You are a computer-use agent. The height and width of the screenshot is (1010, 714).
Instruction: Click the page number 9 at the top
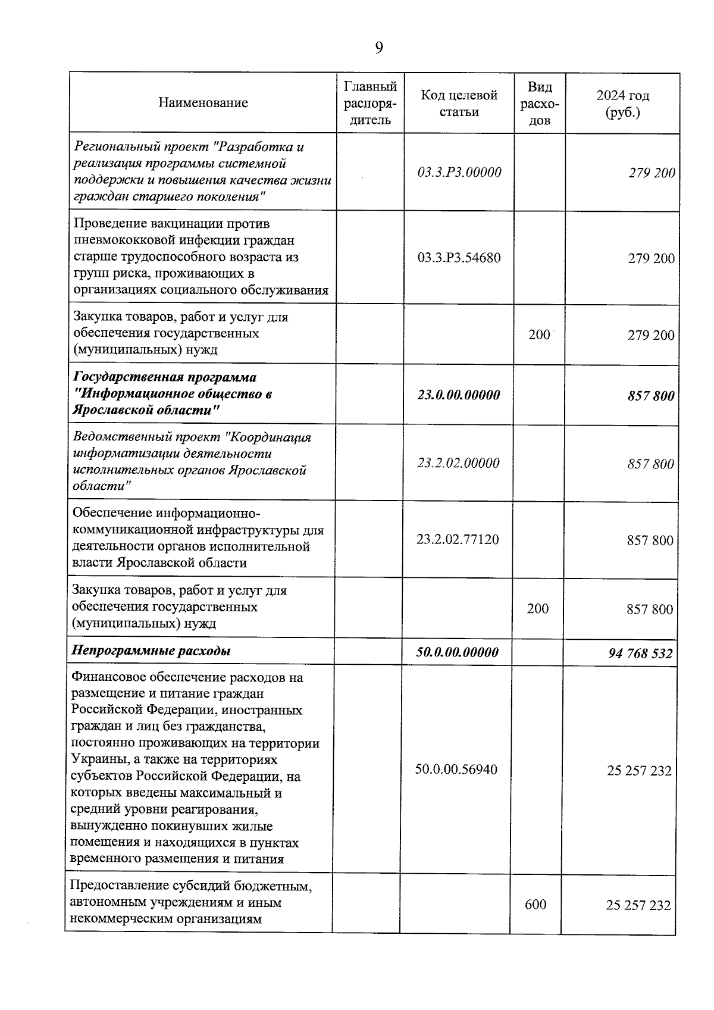tap(379, 48)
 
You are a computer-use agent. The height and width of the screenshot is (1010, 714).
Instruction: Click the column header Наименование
tap(203, 103)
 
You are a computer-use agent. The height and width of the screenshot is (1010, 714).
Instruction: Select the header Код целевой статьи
tap(459, 104)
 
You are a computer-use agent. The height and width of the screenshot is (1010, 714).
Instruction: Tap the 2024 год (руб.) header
tap(622, 104)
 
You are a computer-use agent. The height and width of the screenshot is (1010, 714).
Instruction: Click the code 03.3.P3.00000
tap(459, 173)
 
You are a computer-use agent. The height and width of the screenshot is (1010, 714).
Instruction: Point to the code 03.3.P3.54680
tap(459, 258)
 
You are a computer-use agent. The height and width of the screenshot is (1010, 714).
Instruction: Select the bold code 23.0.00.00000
tap(459, 395)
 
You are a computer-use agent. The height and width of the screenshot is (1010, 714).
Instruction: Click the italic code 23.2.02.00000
tap(458, 463)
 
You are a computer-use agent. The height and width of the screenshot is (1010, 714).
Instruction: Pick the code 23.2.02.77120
tap(458, 540)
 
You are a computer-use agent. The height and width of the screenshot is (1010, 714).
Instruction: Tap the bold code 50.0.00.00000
tap(457, 652)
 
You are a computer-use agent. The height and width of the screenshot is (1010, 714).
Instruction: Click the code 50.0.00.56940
tap(456, 770)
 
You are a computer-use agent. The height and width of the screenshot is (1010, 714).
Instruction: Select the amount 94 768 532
tap(640, 653)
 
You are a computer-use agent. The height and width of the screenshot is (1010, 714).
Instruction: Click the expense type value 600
tap(535, 905)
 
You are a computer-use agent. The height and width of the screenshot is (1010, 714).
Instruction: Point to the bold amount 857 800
tap(651, 396)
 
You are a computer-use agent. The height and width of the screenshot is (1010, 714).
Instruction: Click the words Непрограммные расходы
tap(151, 651)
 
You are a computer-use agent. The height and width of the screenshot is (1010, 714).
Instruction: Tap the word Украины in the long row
tap(96, 760)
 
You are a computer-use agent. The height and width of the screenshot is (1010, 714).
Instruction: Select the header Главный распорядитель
tap(370, 103)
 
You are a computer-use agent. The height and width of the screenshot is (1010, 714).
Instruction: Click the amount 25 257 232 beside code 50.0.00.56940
tap(639, 771)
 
